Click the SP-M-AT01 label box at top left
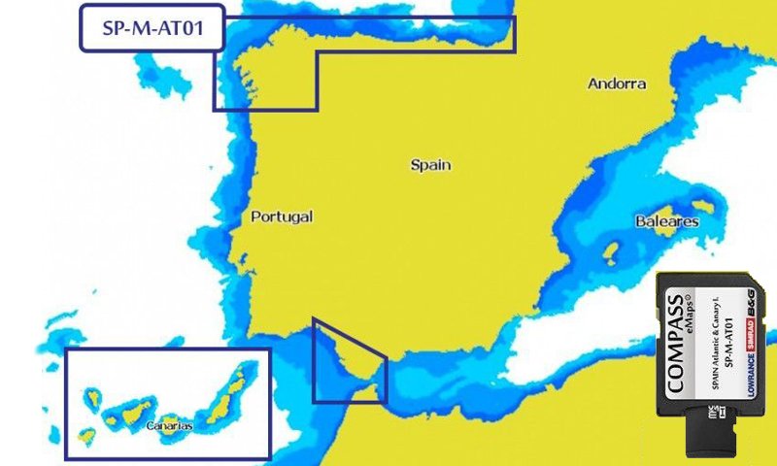151,27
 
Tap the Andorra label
617,83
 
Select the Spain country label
430,165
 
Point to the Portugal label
282,216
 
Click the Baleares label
666,221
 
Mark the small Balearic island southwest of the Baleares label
613,253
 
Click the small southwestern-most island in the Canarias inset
86,436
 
